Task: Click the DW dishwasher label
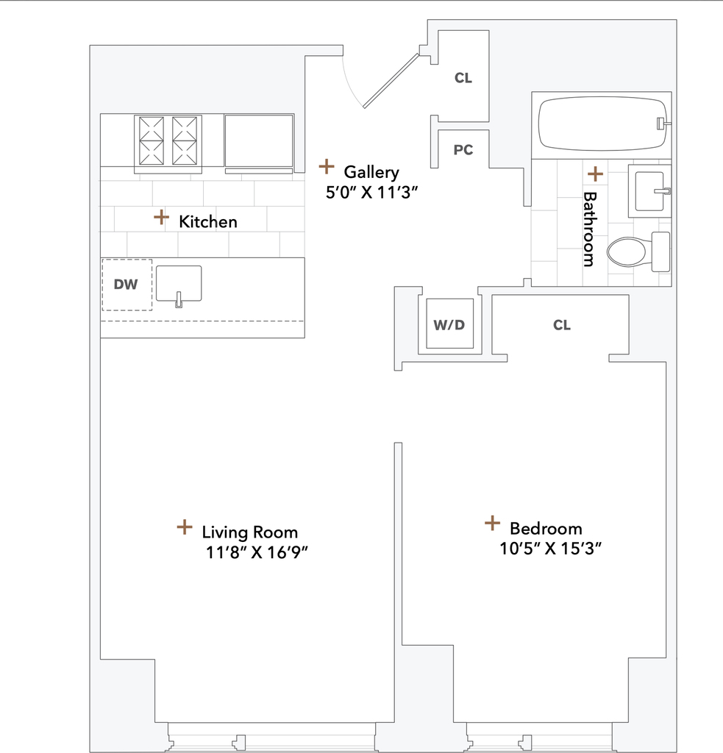(126, 285)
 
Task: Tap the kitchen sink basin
(179, 284)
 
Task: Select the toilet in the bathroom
(638, 251)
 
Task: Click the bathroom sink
(649, 191)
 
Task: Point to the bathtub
(602, 124)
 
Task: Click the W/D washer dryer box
(449, 324)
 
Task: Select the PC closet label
(463, 150)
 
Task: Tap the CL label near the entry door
(463, 78)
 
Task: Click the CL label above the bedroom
(562, 325)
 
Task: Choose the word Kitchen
(208, 222)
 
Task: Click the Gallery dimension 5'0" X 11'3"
(372, 193)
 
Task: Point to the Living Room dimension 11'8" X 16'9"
(257, 552)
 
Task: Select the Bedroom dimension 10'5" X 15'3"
(551, 549)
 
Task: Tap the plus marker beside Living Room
(185, 527)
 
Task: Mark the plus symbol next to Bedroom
(492, 523)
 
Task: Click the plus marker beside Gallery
(327, 167)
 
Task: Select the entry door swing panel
(391, 81)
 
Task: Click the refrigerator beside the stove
(259, 143)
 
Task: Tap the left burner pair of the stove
(152, 140)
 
